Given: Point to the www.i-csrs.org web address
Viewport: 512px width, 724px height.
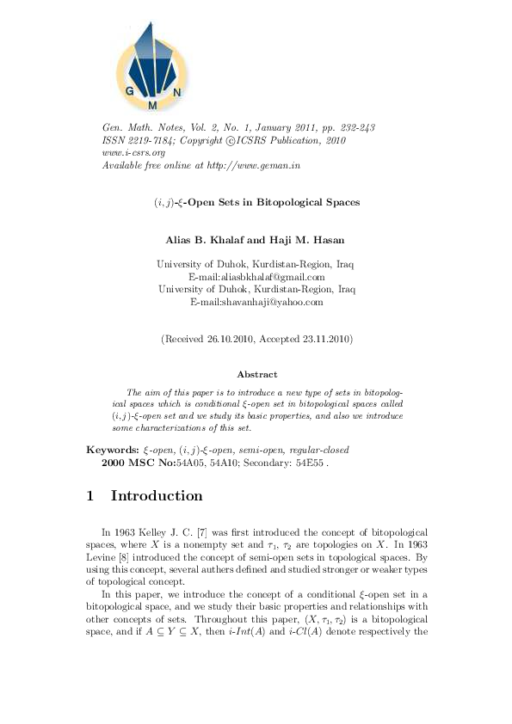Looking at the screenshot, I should pos(133,152).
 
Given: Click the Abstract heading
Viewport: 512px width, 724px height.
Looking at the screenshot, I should pos(256,374).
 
